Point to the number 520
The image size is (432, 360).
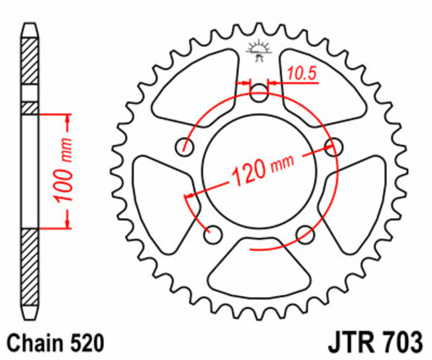[x=84, y=344]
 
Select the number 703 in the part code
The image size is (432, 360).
[x=401, y=344]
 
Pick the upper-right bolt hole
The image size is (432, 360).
[x=336, y=145]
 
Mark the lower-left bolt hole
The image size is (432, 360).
[x=213, y=234]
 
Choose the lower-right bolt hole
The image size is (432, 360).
[x=307, y=233]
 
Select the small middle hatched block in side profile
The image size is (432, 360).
[x=30, y=108]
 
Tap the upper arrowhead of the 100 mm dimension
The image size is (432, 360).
[x=68, y=119]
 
